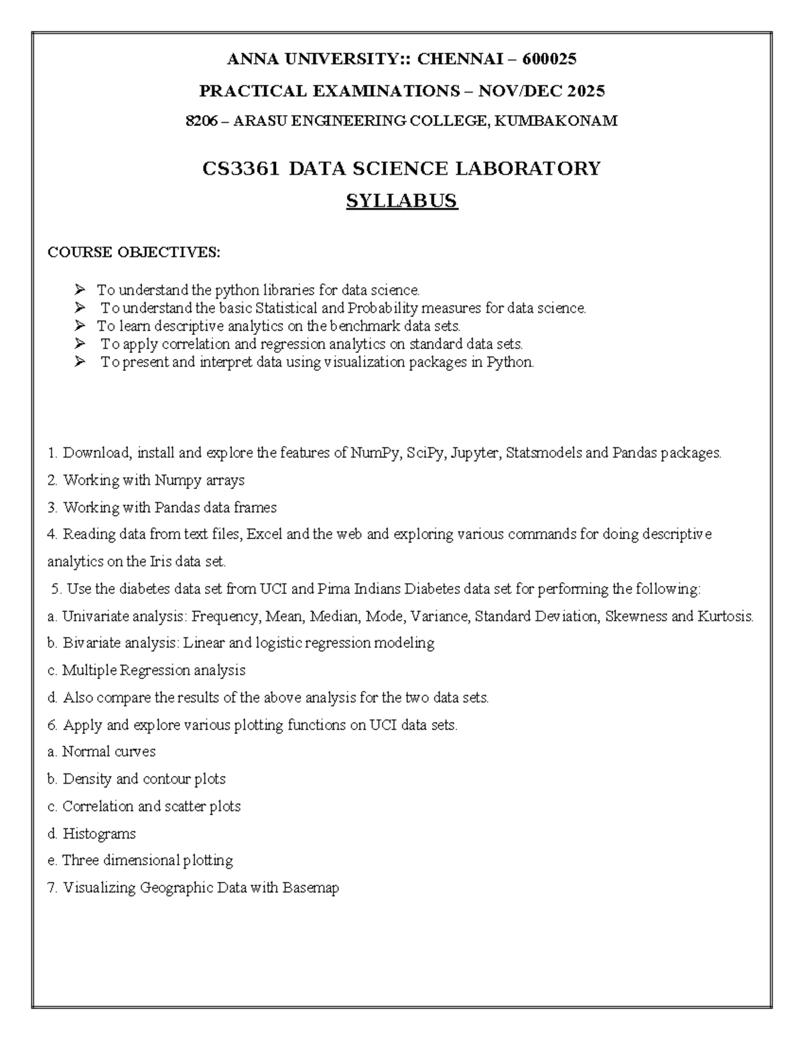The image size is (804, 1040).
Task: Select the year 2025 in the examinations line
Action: point(586,90)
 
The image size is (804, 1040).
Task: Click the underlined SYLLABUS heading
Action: point(401,201)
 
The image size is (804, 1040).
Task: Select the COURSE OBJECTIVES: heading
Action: point(133,252)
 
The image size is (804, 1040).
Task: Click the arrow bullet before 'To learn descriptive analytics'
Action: point(80,326)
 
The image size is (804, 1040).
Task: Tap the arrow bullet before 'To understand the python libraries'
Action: point(80,290)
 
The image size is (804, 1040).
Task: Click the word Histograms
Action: point(99,834)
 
